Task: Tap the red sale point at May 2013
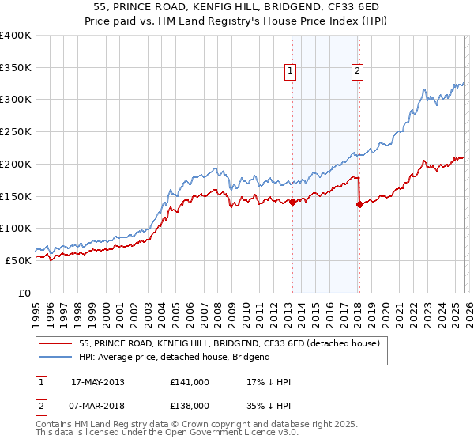[x=292, y=202]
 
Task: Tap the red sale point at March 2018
[x=359, y=204]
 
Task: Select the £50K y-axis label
[x=18, y=260]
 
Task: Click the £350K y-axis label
[x=16, y=68]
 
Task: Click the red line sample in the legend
[x=57, y=343]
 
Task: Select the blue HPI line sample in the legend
[x=57, y=357]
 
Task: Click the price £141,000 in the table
[x=189, y=382]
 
